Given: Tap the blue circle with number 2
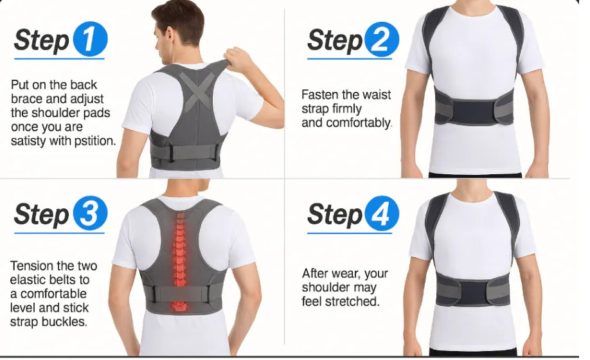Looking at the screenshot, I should click(x=382, y=40).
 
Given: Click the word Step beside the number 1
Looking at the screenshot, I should click(x=41, y=40).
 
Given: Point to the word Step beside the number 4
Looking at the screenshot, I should click(x=334, y=214).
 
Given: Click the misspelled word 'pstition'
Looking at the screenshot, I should click(x=94, y=141).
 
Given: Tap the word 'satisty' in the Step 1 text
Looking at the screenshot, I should click(x=30, y=141).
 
